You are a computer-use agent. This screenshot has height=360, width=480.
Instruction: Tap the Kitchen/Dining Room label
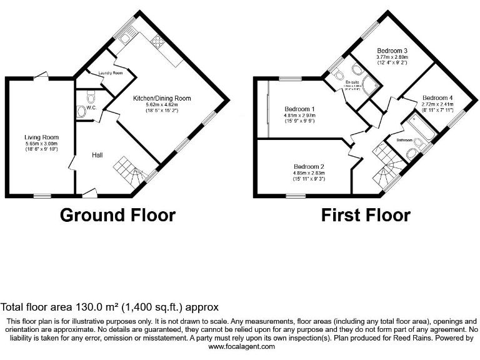tap(162, 98)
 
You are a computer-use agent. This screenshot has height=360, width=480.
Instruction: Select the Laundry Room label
tap(110, 73)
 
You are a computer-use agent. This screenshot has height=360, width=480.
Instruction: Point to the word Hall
tap(98, 155)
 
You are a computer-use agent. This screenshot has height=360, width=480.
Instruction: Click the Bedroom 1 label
tap(299, 109)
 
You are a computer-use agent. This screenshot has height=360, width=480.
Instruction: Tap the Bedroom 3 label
tap(392, 51)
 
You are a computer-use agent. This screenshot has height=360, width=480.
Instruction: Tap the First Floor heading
tap(365, 216)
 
